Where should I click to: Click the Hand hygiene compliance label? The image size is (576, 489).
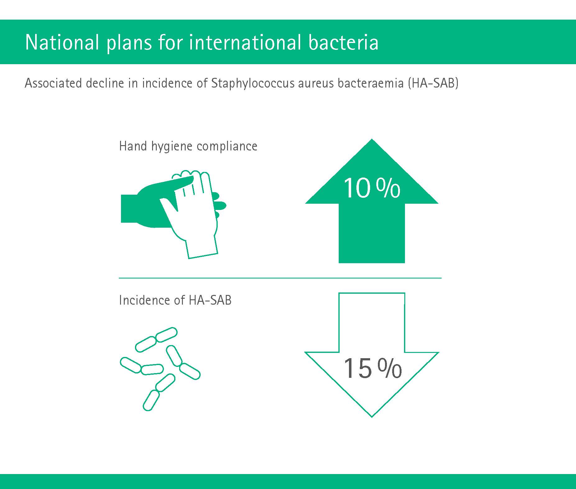(x=188, y=146)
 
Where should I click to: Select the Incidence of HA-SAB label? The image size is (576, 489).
(x=175, y=300)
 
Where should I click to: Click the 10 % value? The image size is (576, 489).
(x=372, y=188)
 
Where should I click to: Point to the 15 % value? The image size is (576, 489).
(x=372, y=368)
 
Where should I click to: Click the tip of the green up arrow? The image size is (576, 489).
(x=372, y=139)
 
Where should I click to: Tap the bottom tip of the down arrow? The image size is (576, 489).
(x=372, y=417)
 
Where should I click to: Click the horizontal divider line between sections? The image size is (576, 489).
(x=280, y=278)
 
